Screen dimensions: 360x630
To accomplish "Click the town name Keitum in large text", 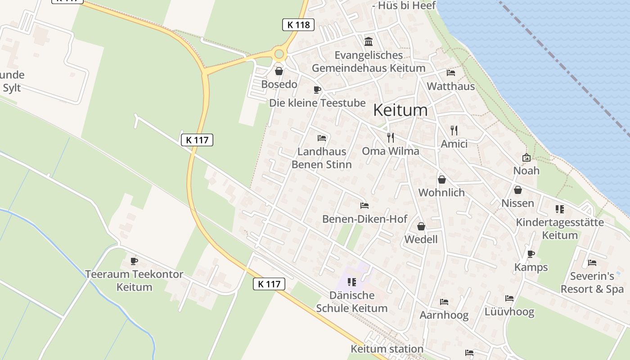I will (400, 110).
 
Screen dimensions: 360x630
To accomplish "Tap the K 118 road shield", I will (298, 25).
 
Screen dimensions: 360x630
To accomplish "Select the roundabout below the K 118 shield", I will (279, 54).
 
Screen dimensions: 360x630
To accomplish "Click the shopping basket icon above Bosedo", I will (279, 71).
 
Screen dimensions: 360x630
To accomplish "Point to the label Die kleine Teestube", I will (317, 103).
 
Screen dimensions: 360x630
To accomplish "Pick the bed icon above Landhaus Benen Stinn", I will (321, 138).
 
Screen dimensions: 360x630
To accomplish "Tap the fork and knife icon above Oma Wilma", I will (391, 137).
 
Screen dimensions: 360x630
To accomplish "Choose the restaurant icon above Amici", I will (454, 130).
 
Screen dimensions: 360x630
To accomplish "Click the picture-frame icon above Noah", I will (526, 157).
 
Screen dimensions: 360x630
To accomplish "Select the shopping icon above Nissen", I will (518, 190).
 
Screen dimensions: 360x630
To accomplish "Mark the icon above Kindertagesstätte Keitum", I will (559, 209).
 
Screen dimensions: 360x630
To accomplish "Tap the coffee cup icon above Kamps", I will (531, 254).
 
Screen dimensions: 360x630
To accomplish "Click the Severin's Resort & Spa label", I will (592, 283).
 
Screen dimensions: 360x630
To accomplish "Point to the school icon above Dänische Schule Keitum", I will (351, 282).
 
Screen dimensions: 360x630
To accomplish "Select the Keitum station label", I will (387, 349).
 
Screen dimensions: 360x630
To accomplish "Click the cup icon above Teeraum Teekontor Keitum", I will (134, 261).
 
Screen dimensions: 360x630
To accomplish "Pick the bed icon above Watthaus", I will (450, 73).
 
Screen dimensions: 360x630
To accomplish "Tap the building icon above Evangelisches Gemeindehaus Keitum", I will (369, 42).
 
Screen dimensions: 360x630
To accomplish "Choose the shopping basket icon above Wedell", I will (421, 226).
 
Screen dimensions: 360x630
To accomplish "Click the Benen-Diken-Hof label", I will (364, 219).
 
